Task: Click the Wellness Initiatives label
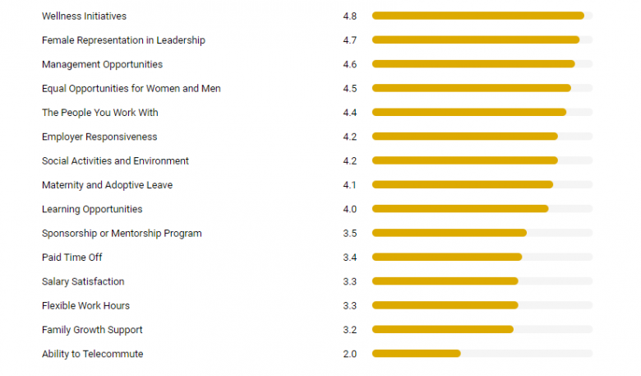click(x=84, y=16)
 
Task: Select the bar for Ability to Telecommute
click(x=416, y=354)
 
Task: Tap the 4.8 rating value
click(x=349, y=16)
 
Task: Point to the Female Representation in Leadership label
click(x=123, y=40)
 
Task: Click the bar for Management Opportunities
click(x=473, y=64)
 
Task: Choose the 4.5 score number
click(x=349, y=89)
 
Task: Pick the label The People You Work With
click(x=99, y=113)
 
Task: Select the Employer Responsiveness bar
click(x=464, y=137)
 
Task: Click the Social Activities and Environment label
click(x=115, y=161)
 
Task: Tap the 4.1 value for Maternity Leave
click(x=349, y=185)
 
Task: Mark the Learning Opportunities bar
click(x=459, y=209)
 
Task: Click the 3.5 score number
click(x=349, y=234)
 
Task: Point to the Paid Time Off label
click(x=71, y=258)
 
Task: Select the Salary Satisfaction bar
click(x=445, y=281)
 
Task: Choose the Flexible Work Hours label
click(x=85, y=306)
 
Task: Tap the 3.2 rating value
click(x=349, y=330)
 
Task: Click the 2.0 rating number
click(x=349, y=354)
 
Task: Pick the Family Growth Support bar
click(x=442, y=330)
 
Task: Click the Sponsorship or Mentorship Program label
click(x=122, y=234)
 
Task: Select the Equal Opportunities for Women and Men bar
click(x=471, y=89)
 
